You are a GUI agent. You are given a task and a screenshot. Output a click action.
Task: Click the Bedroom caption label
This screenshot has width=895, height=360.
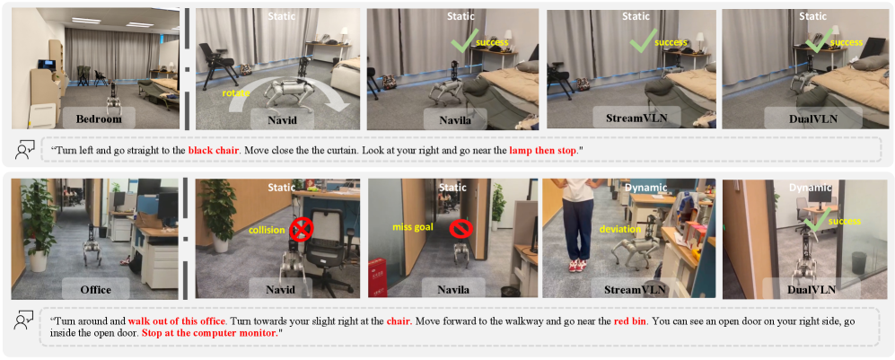100,120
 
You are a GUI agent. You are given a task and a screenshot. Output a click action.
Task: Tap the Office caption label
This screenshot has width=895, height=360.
95,290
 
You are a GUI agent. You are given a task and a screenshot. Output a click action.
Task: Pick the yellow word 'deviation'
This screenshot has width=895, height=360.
618,230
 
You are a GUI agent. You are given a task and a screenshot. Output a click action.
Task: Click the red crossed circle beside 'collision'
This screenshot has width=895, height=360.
299,231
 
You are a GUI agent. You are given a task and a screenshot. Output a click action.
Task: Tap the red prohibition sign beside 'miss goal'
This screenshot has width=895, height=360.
458,229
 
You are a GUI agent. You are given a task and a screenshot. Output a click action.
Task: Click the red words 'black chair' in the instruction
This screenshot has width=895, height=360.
211,151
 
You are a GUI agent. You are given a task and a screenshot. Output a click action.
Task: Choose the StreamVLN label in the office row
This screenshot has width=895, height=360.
635,290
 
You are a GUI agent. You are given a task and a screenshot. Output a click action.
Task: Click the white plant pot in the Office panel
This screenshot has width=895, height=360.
39,260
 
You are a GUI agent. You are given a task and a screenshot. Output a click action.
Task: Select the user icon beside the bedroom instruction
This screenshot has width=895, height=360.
24,151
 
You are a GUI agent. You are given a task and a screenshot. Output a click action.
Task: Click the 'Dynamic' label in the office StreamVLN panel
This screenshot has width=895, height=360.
630,187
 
